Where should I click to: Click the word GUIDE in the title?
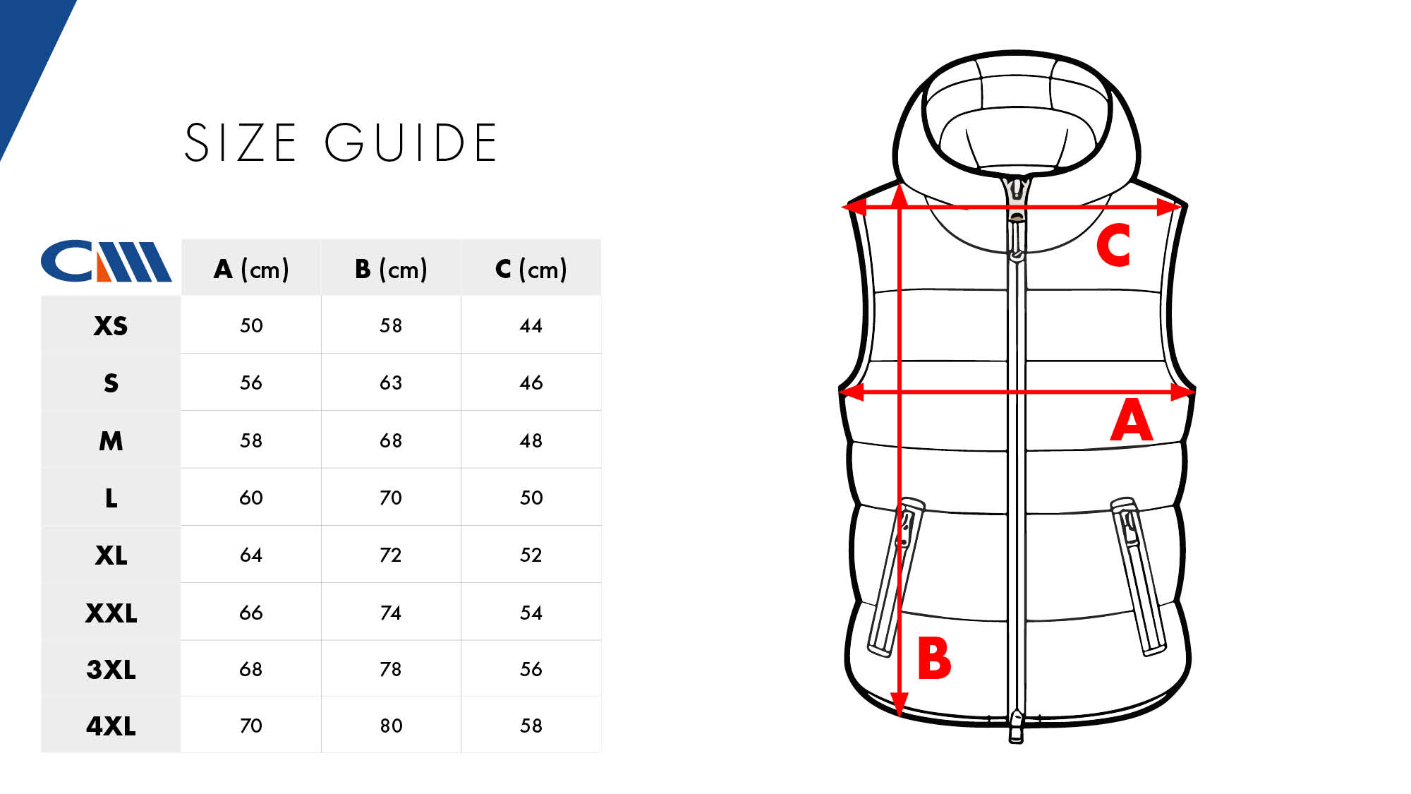click(411, 143)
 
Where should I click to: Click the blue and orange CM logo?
click(106, 261)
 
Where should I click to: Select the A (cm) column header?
click(251, 269)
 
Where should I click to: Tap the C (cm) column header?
click(531, 269)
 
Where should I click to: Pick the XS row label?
click(111, 326)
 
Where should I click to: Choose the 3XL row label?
click(111, 669)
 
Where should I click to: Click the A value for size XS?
click(251, 325)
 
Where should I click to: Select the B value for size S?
click(391, 383)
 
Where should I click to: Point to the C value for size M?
click(531, 440)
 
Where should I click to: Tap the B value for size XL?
click(391, 555)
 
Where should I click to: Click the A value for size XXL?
click(251, 613)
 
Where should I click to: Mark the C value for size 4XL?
click(531, 726)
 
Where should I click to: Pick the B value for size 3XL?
click(391, 669)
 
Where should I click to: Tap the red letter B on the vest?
click(934, 658)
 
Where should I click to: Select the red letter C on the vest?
click(1113, 244)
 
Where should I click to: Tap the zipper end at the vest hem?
click(1016, 727)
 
